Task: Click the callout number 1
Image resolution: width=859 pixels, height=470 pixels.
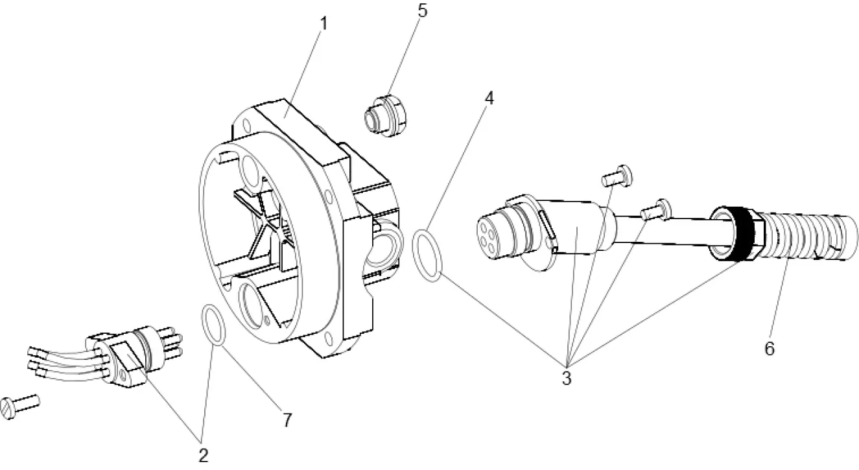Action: click(323, 24)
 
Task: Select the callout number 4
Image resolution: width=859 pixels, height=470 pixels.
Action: click(489, 99)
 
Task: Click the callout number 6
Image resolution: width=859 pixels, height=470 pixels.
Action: click(769, 348)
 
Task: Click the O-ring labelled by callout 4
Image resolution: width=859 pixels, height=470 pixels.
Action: click(427, 255)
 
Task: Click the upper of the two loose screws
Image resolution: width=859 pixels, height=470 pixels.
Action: click(617, 174)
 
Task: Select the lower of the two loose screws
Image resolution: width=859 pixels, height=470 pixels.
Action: click(655, 209)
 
